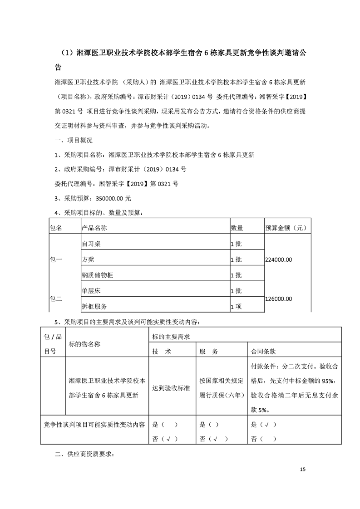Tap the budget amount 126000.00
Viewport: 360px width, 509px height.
click(279, 299)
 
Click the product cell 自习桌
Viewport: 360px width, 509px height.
click(91, 244)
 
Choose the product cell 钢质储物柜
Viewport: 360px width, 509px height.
click(97, 275)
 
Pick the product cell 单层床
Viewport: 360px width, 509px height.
click(91, 291)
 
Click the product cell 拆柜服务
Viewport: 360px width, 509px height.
click(94, 307)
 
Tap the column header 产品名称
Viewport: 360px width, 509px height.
click(94, 228)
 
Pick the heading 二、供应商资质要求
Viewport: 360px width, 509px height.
click(85, 453)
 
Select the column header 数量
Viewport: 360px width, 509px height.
click(237, 228)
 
